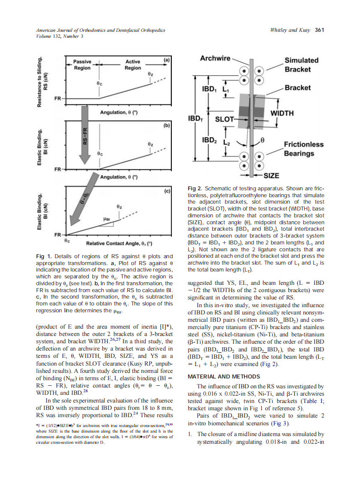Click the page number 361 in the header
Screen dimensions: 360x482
tap(319, 30)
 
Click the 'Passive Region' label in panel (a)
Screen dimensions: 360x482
tap(82, 65)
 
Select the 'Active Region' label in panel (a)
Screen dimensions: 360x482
tap(133, 65)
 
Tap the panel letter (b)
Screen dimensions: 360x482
tap(167, 126)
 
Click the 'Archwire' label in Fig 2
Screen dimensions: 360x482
tap(215, 58)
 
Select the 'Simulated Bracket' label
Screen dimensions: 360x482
tap(302, 64)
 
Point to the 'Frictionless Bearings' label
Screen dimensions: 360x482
tap(304, 149)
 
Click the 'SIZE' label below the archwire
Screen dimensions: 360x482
tap(272, 176)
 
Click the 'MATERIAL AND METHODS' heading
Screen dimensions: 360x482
tap(224, 376)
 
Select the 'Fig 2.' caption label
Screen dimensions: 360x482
tap(196, 189)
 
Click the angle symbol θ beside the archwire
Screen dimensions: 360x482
tap(263, 140)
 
